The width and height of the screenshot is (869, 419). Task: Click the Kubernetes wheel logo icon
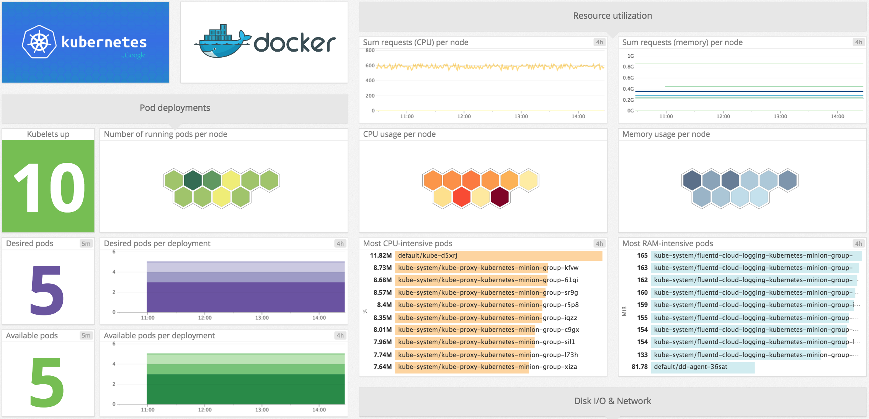pyautogui.click(x=39, y=42)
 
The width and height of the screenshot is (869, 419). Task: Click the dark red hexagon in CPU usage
pyautogui.click(x=500, y=197)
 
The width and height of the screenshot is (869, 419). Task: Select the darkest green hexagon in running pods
pyautogui.click(x=193, y=180)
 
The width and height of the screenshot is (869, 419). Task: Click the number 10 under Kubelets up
pyautogui.click(x=49, y=187)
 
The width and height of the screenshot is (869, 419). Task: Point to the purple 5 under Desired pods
pyautogui.click(x=47, y=291)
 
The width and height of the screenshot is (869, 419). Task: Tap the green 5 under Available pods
pyautogui.click(x=47, y=382)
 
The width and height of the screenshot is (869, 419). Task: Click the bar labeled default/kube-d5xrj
pyautogui.click(x=498, y=256)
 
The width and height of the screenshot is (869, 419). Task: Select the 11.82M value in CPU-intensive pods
pyautogui.click(x=381, y=256)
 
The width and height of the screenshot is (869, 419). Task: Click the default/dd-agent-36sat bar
pyautogui.click(x=702, y=367)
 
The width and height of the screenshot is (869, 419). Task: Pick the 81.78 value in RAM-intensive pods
pyautogui.click(x=639, y=367)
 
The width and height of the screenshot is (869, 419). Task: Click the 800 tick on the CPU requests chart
pyautogui.click(x=370, y=50)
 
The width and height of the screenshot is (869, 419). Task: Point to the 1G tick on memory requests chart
pyautogui.click(x=630, y=56)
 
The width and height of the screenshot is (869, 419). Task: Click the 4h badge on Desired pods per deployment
pyautogui.click(x=340, y=244)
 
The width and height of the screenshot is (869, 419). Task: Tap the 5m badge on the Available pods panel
pyautogui.click(x=86, y=336)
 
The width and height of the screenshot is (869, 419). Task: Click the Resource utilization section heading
pyautogui.click(x=612, y=16)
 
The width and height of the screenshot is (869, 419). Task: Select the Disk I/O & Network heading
pyautogui.click(x=612, y=401)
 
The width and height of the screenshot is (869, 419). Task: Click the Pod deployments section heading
pyautogui.click(x=175, y=108)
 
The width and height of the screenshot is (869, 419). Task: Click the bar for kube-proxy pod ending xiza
pyautogui.click(x=461, y=367)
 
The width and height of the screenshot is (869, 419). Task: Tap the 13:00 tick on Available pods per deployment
pyautogui.click(x=262, y=410)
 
